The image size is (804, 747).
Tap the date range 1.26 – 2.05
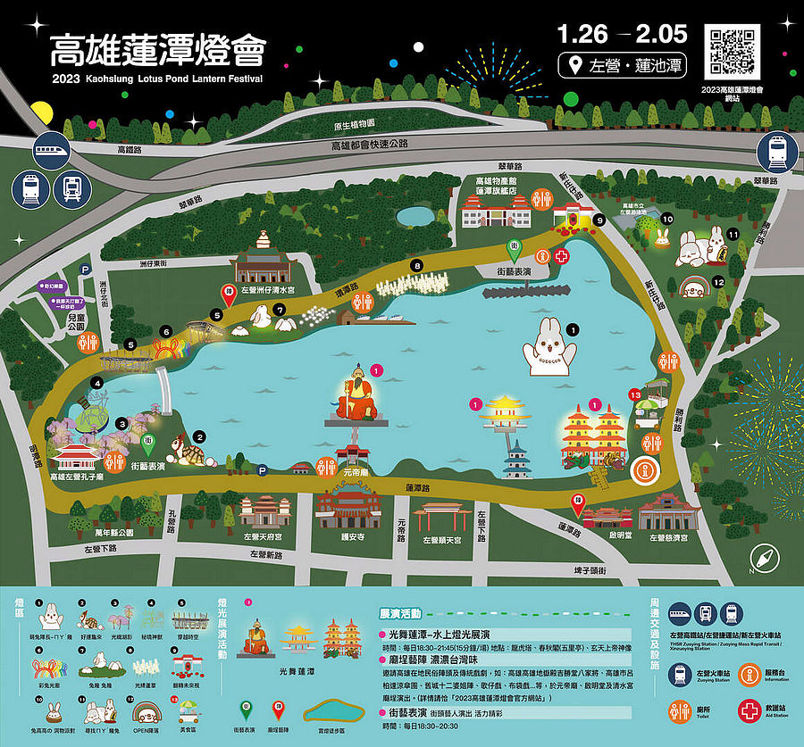(622, 35)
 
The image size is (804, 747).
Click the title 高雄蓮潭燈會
(157, 51)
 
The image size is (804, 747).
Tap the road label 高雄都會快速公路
(369, 145)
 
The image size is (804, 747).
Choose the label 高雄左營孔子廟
(79, 477)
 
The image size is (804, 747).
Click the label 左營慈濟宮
(668, 538)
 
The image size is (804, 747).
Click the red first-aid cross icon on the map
(561, 256)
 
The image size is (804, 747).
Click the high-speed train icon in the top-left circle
(52, 152)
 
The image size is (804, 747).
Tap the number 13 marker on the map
(635, 394)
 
